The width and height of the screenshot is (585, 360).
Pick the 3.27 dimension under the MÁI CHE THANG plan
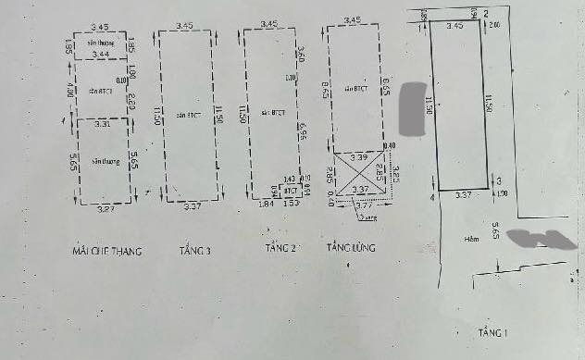(x=107, y=209)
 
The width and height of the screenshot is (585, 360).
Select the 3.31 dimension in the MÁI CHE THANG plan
(x=104, y=123)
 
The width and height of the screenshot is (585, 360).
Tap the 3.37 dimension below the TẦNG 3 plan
(x=192, y=206)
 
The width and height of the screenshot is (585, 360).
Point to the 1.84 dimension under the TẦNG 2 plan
(x=264, y=204)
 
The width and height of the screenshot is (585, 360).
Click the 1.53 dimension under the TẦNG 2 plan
(x=289, y=204)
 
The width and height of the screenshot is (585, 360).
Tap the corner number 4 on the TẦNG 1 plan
(x=432, y=196)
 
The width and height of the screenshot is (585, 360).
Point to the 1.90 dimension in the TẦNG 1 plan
(x=503, y=193)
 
